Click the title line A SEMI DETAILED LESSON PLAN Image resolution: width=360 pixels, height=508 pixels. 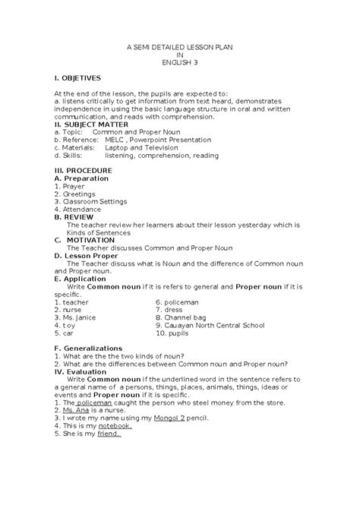click(x=179, y=47)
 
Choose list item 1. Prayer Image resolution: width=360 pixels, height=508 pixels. click(x=70, y=185)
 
